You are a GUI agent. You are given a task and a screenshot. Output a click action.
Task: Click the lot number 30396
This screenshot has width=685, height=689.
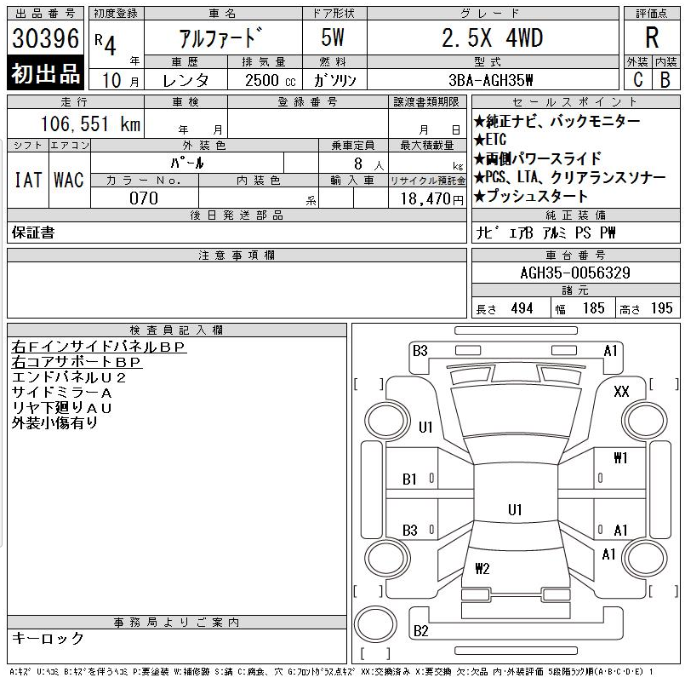click(x=46, y=38)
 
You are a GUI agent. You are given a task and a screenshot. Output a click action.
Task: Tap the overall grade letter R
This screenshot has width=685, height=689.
click(x=652, y=37)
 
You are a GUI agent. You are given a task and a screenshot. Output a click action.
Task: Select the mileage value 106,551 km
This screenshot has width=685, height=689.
click(x=90, y=123)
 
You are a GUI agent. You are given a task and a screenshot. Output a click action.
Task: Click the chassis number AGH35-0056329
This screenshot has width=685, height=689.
click(x=575, y=273)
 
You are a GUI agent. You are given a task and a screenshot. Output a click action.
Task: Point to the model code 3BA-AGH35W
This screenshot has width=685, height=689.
click(x=491, y=80)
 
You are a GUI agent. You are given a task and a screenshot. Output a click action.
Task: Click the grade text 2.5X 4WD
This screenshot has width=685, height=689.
click(x=492, y=37)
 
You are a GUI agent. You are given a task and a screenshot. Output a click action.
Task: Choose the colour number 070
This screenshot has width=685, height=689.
click(x=144, y=198)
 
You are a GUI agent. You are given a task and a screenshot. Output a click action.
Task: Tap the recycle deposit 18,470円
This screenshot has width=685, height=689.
click(x=431, y=199)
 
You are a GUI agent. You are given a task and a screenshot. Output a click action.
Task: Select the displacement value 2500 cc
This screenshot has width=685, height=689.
click(x=270, y=80)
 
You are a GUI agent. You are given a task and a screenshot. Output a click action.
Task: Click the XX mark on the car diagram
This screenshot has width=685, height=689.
click(x=621, y=391)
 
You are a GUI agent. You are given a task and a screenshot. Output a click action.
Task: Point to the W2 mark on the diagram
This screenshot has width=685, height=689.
click(x=482, y=569)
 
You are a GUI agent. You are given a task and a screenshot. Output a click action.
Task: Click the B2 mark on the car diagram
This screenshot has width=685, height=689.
click(x=420, y=631)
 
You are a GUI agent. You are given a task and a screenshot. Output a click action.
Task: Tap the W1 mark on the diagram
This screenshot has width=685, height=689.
click(x=620, y=458)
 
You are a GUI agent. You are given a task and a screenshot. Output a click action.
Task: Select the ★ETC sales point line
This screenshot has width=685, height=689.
click(x=490, y=140)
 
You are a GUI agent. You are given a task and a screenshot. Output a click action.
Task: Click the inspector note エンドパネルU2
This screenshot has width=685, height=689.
click(x=69, y=377)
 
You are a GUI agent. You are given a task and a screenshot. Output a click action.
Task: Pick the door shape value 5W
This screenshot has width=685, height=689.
click(x=333, y=37)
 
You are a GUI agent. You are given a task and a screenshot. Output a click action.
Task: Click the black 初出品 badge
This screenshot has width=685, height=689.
click(x=46, y=73)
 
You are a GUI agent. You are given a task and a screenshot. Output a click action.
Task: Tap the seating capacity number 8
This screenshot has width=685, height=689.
click(x=358, y=164)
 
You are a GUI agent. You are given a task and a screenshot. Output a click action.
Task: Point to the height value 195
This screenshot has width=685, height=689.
click(x=662, y=308)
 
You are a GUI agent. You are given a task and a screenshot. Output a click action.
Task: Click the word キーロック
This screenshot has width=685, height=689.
click(x=48, y=638)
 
